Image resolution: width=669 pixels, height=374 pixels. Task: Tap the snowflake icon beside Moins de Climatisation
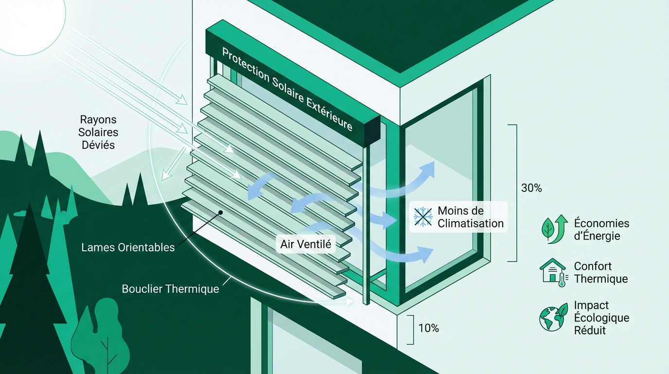tap(423, 217)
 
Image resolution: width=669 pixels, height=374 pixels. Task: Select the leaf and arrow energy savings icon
tap(555, 229)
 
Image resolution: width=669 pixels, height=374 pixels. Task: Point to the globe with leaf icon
tap(554, 317)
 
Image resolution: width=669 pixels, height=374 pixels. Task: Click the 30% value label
tap(531, 188)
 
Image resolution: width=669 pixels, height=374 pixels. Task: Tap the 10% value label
tap(429, 328)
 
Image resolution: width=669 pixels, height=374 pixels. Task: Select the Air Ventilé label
tap(305, 244)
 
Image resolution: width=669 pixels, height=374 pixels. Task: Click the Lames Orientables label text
tap(128, 247)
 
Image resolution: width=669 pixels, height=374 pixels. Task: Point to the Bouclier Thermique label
tap(170, 289)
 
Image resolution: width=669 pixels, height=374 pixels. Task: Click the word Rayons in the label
tap(98, 120)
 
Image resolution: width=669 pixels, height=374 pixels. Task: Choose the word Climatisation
tap(471, 224)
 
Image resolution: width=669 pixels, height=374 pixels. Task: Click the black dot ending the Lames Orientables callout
tap(221, 212)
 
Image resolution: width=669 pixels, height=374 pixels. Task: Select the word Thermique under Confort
tap(600, 279)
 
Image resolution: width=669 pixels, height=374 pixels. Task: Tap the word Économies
tap(601, 223)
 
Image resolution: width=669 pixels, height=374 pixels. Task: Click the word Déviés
tap(98, 145)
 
